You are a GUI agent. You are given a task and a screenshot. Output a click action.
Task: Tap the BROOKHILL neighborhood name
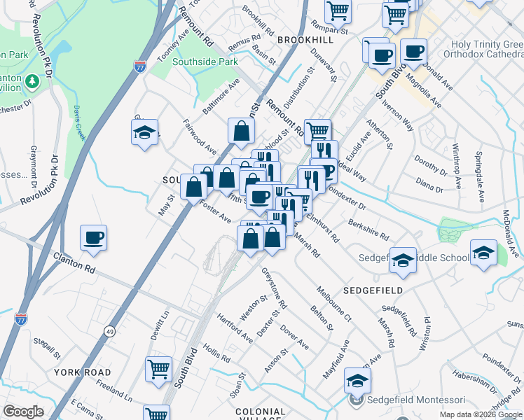tap(302, 41)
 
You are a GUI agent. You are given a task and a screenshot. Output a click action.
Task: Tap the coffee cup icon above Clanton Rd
tap(93, 238)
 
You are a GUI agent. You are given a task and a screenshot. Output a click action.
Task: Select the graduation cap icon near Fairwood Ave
tap(144, 132)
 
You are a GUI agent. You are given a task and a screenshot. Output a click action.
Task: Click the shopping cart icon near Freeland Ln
tap(158, 368)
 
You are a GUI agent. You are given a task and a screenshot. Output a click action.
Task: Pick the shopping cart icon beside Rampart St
tap(338, 10)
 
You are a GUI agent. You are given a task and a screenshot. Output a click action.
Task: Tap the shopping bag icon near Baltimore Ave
tap(240, 130)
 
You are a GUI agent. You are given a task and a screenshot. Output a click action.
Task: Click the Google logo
tap(23, 412)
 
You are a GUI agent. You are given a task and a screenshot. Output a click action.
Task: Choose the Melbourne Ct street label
tap(333, 302)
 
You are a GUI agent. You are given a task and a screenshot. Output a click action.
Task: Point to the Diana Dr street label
tap(430, 188)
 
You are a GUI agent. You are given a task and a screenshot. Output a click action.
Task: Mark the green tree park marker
tap(32, 82)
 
